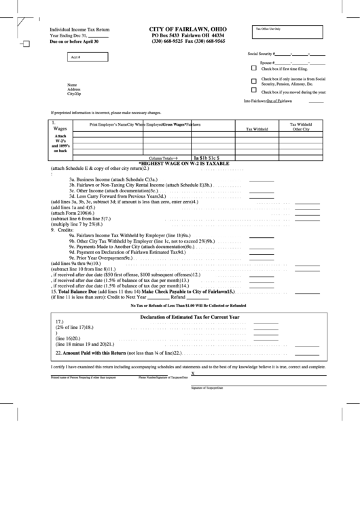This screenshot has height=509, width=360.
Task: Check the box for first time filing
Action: click(254, 69)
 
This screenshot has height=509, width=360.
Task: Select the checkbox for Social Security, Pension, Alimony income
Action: click(254, 80)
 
